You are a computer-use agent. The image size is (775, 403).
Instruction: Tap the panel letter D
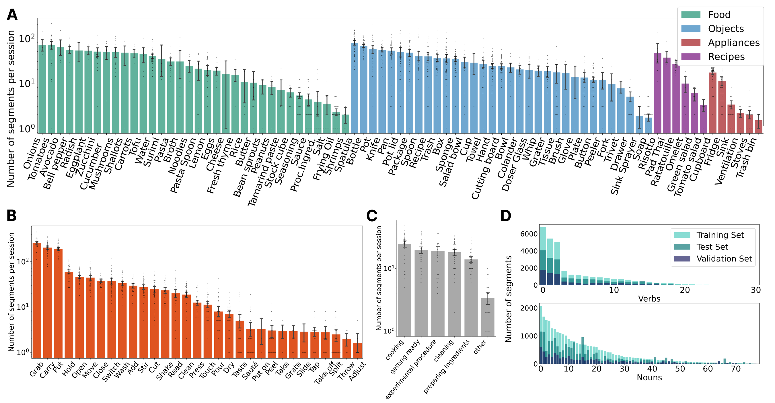coord(506,216)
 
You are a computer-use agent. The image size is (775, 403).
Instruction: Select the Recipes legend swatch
coord(691,57)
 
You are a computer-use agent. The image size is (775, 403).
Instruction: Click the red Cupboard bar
coord(713,103)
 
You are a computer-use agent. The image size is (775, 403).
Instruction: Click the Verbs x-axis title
coord(649,299)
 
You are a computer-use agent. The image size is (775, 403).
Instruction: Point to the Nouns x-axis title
coord(649,377)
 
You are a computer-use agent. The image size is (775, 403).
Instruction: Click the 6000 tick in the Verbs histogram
coord(529,234)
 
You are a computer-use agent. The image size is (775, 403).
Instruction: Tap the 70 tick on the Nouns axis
coord(736,369)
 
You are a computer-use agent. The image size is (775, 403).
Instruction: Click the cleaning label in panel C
coord(443,350)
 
